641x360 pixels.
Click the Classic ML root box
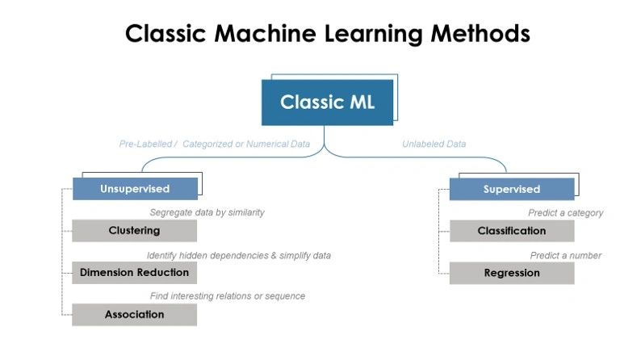click(327, 103)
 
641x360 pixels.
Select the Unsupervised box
click(135, 189)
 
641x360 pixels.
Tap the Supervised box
click(511, 189)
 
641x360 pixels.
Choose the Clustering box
click(134, 231)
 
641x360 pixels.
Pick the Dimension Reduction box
click(134, 273)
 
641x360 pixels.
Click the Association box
click(134, 315)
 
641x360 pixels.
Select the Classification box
click(511, 231)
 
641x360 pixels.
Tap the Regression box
click(511, 273)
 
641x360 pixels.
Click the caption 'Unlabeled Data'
click(434, 144)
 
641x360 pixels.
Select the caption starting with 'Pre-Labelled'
click(215, 144)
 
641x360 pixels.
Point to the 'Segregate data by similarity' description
click(207, 212)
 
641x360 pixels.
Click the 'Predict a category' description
click(565, 213)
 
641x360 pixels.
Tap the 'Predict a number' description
click(565, 255)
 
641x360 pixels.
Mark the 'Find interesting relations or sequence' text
click(228, 296)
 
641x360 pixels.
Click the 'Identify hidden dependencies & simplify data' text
click(239, 255)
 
